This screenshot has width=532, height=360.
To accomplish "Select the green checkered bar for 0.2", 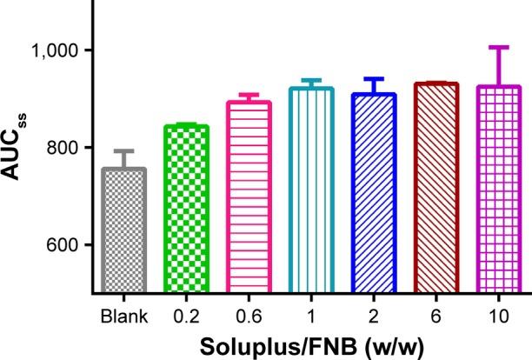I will click(x=186, y=210).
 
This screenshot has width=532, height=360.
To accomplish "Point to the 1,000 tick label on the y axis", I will click(x=54, y=50).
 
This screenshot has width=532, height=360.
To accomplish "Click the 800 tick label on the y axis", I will click(x=63, y=148).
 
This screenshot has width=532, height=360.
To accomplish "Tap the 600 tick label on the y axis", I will click(x=63, y=245).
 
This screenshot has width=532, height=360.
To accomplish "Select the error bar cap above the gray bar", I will click(x=124, y=150).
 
